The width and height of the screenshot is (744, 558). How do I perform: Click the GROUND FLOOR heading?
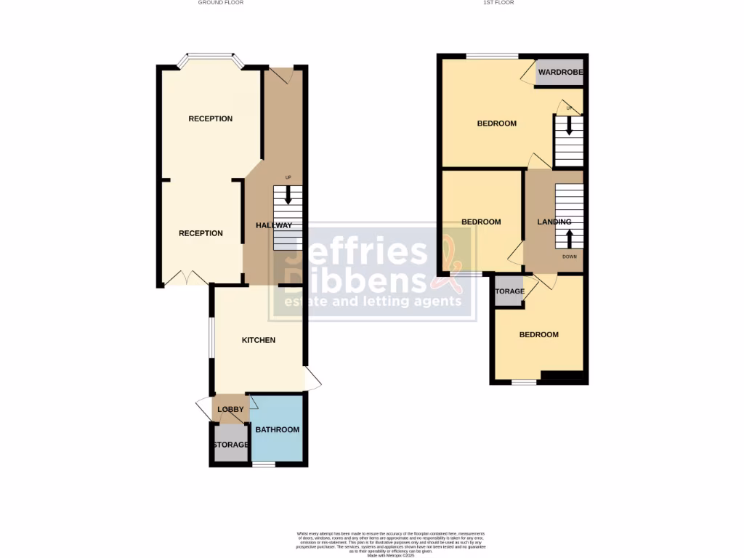pyautogui.click(x=221, y=3)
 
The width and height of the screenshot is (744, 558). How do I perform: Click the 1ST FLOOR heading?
pyautogui.click(x=498, y=3)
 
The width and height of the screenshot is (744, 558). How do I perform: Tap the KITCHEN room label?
pyautogui.click(x=259, y=340)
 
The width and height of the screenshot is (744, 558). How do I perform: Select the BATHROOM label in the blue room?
pyautogui.click(x=278, y=430)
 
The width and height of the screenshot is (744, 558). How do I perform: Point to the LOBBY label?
pyautogui.click(x=231, y=410)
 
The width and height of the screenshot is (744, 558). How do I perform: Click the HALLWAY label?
pyautogui.click(x=274, y=225)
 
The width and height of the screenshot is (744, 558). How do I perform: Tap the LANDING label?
pyautogui.click(x=554, y=222)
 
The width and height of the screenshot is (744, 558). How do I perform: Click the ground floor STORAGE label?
pyautogui.click(x=231, y=445)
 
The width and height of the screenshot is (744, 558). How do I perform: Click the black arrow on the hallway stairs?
pyautogui.click(x=288, y=195)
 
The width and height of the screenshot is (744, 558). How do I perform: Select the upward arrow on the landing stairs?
pyautogui.click(x=569, y=238)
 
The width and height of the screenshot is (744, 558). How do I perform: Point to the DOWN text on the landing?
pyautogui.click(x=569, y=256)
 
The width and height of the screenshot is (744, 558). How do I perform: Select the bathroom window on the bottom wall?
pyautogui.click(x=264, y=464)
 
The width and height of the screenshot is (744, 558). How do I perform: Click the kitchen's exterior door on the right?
pyautogui.click(x=312, y=378)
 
